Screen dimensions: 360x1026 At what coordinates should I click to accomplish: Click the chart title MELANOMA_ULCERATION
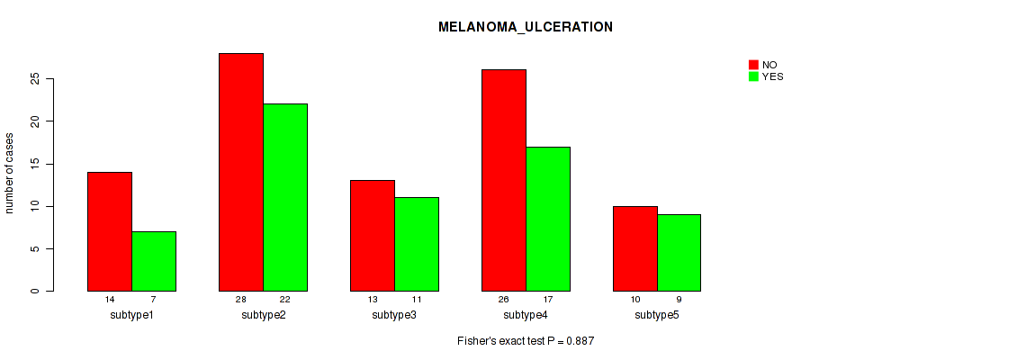point(526,27)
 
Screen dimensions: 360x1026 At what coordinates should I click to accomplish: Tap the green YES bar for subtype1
point(154,261)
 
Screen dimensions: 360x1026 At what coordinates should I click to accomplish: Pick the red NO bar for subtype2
point(241,172)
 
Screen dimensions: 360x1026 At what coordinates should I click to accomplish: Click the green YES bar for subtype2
point(285,197)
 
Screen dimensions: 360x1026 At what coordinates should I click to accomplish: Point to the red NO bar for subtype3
point(373,236)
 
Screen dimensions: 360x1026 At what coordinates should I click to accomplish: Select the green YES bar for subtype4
point(548,219)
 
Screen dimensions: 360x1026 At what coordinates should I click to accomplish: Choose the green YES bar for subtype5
point(679,253)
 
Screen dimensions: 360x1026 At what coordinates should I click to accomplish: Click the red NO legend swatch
point(753,65)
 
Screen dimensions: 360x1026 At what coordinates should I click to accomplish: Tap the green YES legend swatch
point(753,76)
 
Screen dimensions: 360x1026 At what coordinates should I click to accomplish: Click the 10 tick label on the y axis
point(35,206)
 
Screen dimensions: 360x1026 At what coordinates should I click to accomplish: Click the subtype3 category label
point(394,315)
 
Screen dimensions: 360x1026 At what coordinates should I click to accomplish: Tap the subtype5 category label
point(657,315)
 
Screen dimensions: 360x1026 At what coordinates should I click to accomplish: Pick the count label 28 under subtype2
point(241,299)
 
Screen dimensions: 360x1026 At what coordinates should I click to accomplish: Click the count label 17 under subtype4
point(548,299)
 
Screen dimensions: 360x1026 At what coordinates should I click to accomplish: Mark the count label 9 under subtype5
point(679,299)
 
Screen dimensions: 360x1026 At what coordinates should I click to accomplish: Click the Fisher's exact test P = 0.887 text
point(526,341)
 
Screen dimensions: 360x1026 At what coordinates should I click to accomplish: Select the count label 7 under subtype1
point(154,299)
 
